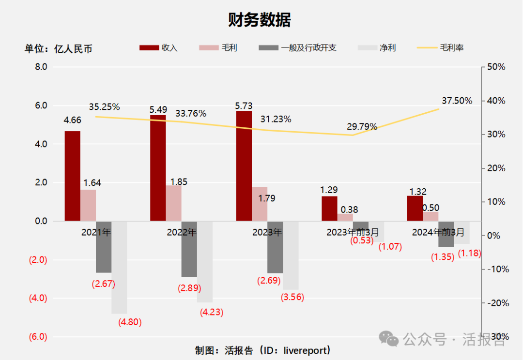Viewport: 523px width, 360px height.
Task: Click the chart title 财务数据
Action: pos(260,20)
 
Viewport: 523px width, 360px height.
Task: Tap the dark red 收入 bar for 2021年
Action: pos(73,176)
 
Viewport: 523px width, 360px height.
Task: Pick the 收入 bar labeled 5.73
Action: pos(244,166)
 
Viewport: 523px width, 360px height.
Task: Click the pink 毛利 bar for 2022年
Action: pos(174,203)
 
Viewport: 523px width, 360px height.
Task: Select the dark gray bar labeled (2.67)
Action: pos(104,247)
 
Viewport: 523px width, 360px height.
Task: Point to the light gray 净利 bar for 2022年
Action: pos(204,261)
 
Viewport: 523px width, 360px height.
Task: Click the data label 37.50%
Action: pos(457,101)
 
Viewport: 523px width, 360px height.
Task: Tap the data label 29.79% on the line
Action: pos(362,127)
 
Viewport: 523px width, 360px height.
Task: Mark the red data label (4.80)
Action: pos(130,322)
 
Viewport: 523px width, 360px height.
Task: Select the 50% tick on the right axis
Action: pos(496,67)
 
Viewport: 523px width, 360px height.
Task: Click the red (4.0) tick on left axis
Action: pos(38,298)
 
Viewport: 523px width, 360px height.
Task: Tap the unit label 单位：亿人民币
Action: pos(59,48)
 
